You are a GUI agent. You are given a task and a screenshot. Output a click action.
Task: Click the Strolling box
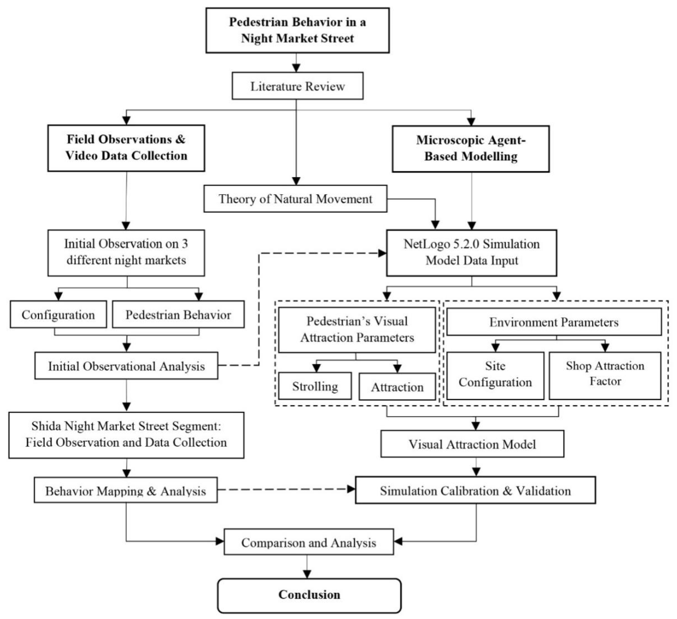[315, 386]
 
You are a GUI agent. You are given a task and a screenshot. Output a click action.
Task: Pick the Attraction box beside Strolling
[397, 387]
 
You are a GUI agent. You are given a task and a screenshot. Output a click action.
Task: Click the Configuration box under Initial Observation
[58, 315]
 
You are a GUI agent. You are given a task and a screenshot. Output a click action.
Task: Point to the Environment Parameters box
[554, 322]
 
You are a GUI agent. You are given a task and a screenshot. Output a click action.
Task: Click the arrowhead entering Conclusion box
[307, 574]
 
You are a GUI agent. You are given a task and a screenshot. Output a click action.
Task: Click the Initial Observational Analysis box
[126, 366]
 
